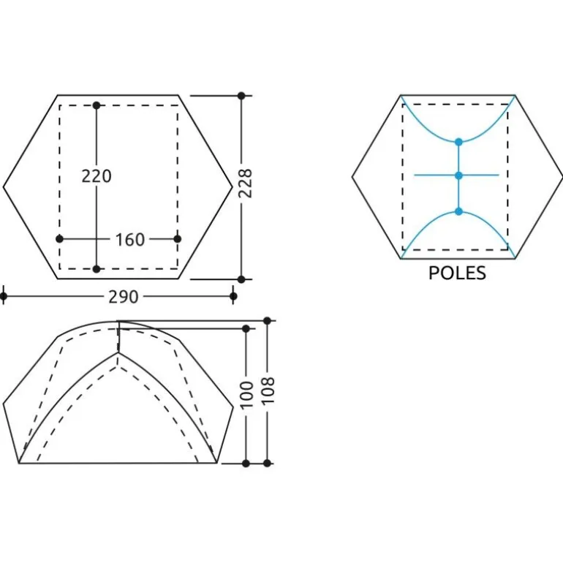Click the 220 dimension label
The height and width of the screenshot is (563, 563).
pos(97,176)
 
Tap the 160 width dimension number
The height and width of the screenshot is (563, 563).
pos(130,240)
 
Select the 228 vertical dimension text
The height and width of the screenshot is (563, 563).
pos(246,183)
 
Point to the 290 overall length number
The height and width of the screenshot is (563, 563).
pos(123,297)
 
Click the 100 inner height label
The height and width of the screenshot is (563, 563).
pos(246,395)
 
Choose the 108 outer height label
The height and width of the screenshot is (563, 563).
pos(268,390)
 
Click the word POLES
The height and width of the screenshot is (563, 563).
pos(457,273)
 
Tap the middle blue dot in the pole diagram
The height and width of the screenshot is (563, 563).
pos(458,175)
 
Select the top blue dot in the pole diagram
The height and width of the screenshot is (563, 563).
pos(458,142)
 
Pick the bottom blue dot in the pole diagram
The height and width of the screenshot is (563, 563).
pos(458,211)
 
